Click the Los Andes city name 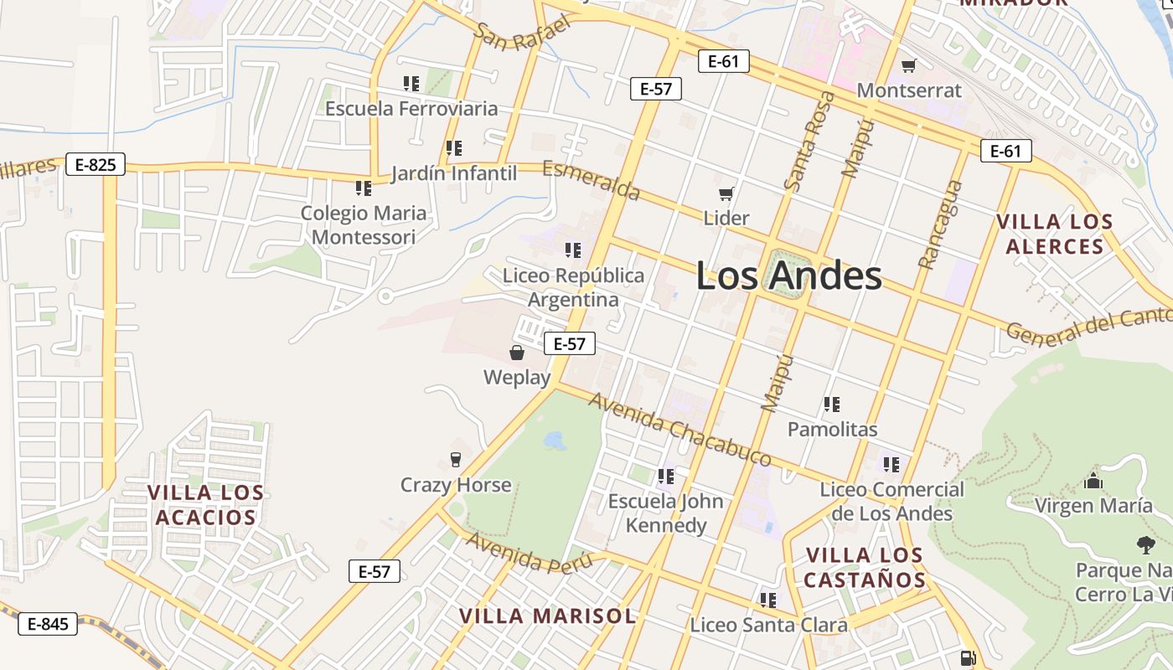coord(788,276)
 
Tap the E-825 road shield coord(95,164)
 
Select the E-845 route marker coord(48,624)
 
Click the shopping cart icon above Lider coord(726,193)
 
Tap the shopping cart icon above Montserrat coord(908,65)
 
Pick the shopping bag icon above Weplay coord(517,353)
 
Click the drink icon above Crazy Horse coord(455,459)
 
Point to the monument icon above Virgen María coord(1093,481)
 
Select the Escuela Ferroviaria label coord(411,108)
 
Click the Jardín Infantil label coord(453,173)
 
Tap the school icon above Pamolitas coord(831,405)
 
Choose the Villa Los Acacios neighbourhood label coord(205,504)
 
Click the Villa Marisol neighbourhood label coord(547,616)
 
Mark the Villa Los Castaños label coord(864,567)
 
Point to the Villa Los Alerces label coord(1054,234)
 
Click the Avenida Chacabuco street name coord(680,429)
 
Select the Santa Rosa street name coord(809,141)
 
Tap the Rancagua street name coord(939,224)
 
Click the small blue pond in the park coord(554,440)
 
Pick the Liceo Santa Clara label coord(768,625)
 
